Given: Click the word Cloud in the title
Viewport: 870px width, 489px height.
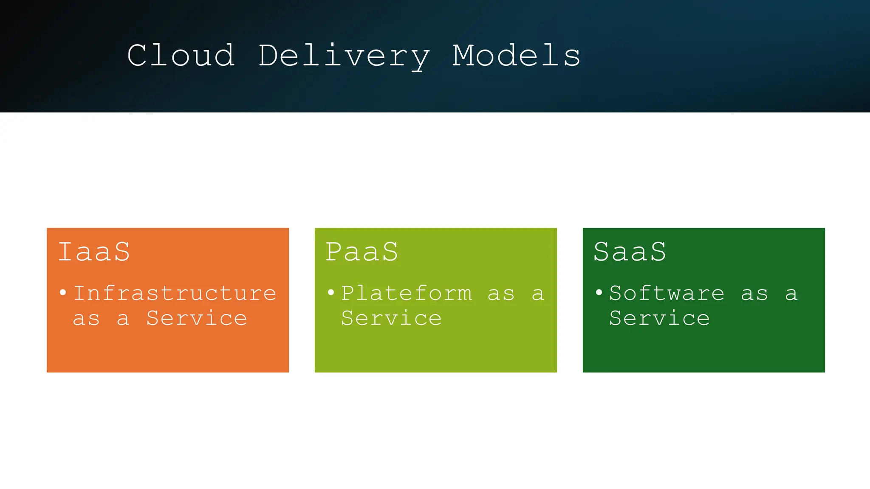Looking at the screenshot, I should (x=181, y=56).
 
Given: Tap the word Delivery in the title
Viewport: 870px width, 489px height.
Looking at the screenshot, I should (x=344, y=56).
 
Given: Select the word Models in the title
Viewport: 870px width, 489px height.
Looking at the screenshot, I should (x=516, y=56).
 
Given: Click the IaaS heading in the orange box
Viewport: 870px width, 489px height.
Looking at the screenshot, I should (x=94, y=252).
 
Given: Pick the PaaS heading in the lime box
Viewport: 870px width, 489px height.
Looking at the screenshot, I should (x=362, y=252).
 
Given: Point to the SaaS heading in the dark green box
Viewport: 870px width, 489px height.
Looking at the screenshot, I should (x=630, y=252).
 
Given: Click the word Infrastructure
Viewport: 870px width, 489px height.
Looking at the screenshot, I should (x=175, y=293).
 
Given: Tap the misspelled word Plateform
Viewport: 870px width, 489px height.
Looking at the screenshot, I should (x=407, y=293).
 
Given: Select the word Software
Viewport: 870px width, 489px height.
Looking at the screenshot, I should (x=667, y=293).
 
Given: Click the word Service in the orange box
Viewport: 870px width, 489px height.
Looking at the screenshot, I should (x=197, y=318).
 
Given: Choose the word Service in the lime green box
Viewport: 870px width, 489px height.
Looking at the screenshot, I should (x=391, y=318).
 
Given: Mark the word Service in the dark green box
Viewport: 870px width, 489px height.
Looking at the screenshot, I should (x=659, y=318).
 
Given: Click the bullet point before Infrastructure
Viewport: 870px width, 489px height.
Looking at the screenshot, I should (x=63, y=292).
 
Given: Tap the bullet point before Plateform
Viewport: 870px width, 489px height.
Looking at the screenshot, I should (x=331, y=292).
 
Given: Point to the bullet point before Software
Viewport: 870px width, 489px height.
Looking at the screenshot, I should (x=599, y=292).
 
